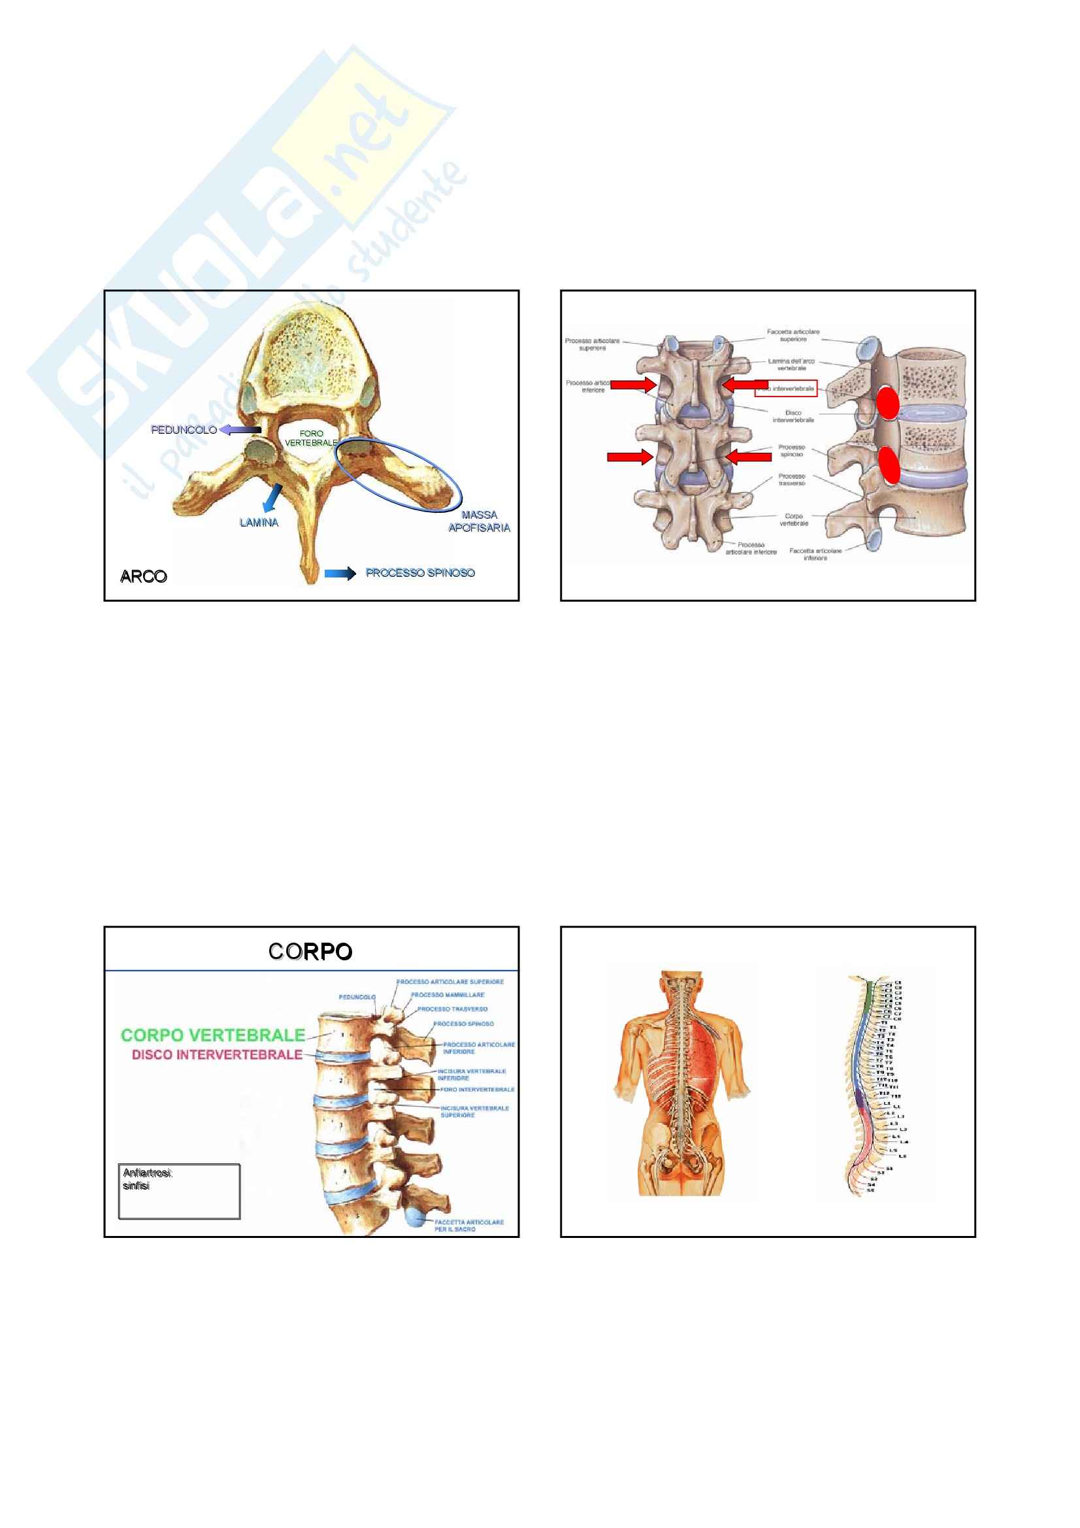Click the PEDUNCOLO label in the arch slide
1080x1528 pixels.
[x=184, y=430]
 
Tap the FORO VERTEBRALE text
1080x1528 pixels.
[x=311, y=438]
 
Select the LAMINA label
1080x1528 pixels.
[x=259, y=523]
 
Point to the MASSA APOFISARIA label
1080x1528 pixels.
[x=479, y=521]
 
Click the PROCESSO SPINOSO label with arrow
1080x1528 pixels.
[x=420, y=572]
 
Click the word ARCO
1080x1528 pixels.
[x=143, y=576]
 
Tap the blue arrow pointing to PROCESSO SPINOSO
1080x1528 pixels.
[x=340, y=573]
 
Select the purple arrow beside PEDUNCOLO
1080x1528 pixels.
[x=240, y=430]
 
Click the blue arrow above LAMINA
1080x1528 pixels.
[x=272, y=497]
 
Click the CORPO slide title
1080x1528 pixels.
[x=311, y=952]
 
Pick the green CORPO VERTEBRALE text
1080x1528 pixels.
[x=213, y=1035]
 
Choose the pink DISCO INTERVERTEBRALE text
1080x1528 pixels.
[x=217, y=1055]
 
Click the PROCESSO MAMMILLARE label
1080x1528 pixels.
[x=447, y=995]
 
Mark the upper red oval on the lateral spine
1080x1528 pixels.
[x=888, y=403]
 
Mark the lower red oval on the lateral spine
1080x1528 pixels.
[x=889, y=464]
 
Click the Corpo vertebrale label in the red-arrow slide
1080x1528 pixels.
[x=794, y=520]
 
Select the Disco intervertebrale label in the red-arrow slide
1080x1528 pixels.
[x=793, y=416]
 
